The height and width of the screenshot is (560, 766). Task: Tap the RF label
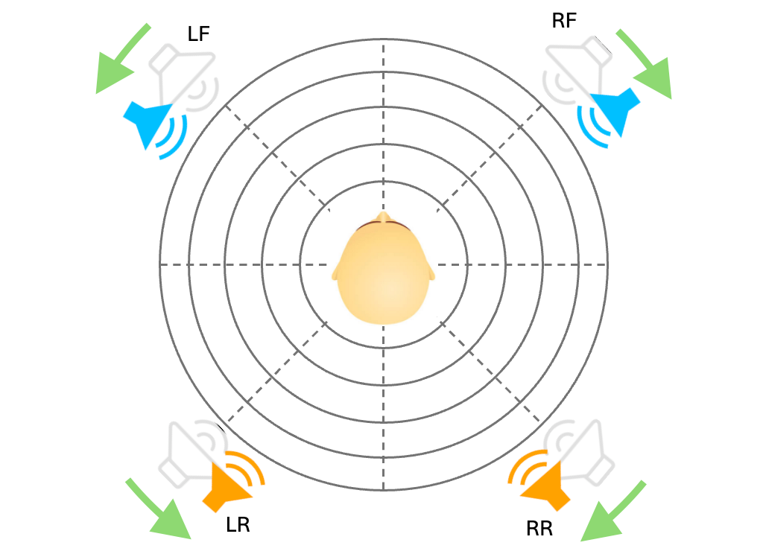pyautogui.click(x=564, y=20)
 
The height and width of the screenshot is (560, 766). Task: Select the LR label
pyautogui.click(x=238, y=525)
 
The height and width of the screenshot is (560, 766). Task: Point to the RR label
pyautogui.click(x=539, y=529)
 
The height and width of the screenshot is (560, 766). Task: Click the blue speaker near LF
pyautogui.click(x=152, y=124)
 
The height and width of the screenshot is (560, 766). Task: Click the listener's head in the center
pyautogui.click(x=383, y=273)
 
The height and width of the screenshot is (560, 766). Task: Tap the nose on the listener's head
pyautogui.click(x=383, y=217)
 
